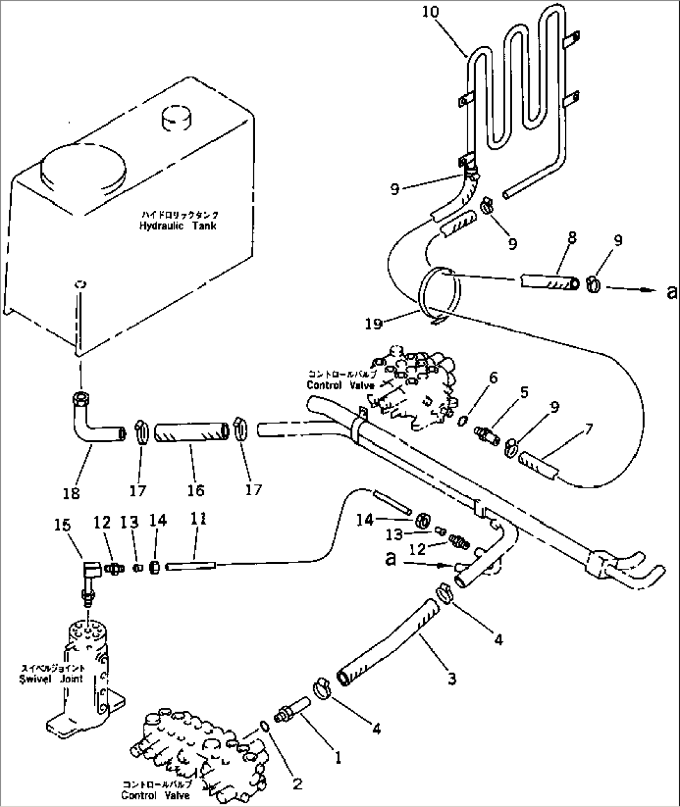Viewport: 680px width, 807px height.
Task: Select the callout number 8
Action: coord(571,238)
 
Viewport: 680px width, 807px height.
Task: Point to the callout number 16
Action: coord(195,490)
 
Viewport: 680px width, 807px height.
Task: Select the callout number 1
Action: coord(338,758)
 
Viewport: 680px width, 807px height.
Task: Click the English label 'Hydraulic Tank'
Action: coord(178,226)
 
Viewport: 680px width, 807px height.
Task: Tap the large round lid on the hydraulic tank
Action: coord(83,167)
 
